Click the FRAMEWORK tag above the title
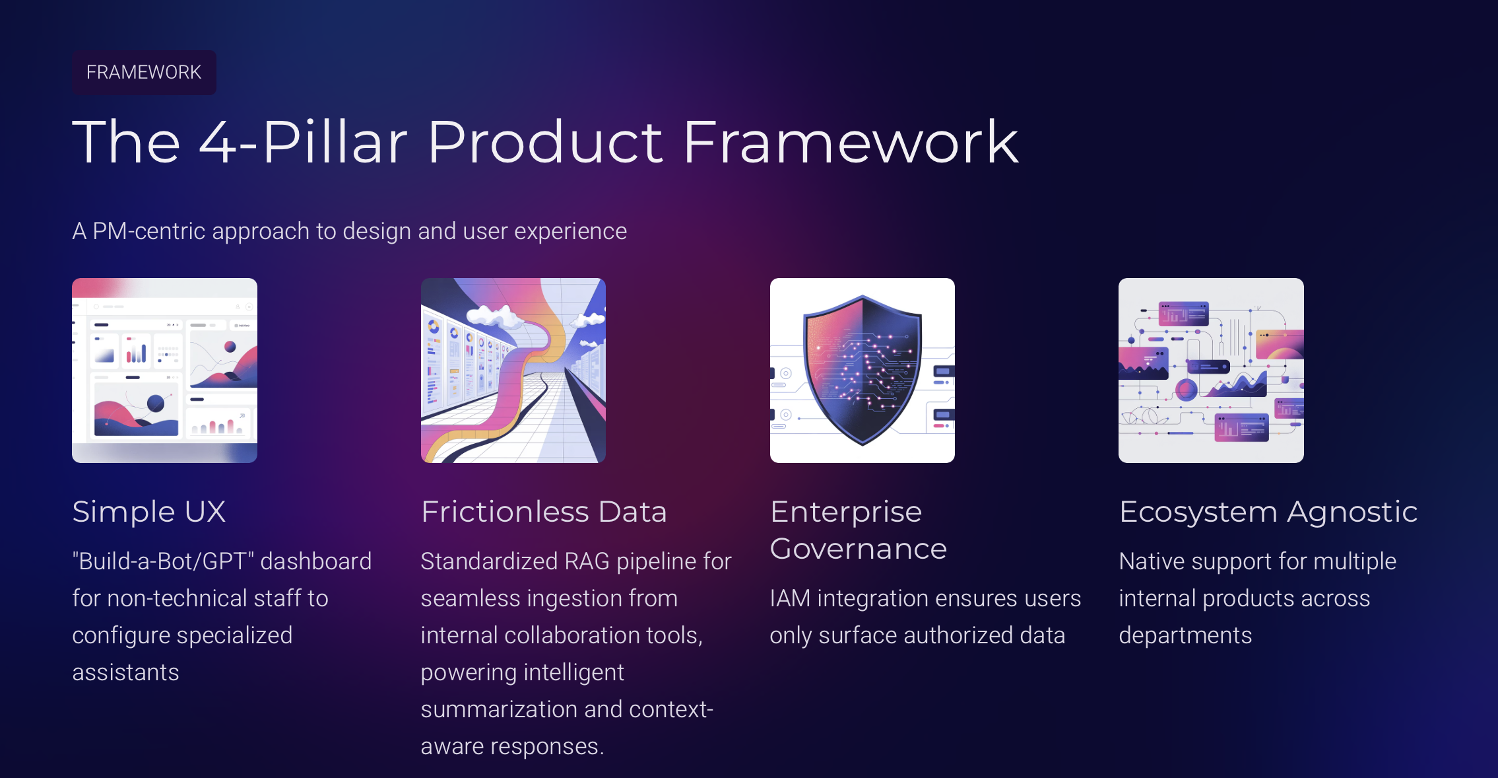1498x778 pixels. tap(144, 72)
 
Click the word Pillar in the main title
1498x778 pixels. tap(335, 142)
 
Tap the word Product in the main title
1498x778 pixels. tap(544, 142)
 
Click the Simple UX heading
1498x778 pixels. tap(149, 512)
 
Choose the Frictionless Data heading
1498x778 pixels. tap(544, 512)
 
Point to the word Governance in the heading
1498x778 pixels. tap(858, 549)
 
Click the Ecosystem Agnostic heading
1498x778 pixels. tap(1268, 512)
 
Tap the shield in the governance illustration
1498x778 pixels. tap(861, 370)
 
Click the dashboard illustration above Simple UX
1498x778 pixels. tap(164, 370)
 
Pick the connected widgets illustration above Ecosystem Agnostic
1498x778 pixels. tap(1211, 370)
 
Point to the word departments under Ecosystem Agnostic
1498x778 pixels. tap(1185, 635)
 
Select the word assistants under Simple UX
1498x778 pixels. tap(125, 672)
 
